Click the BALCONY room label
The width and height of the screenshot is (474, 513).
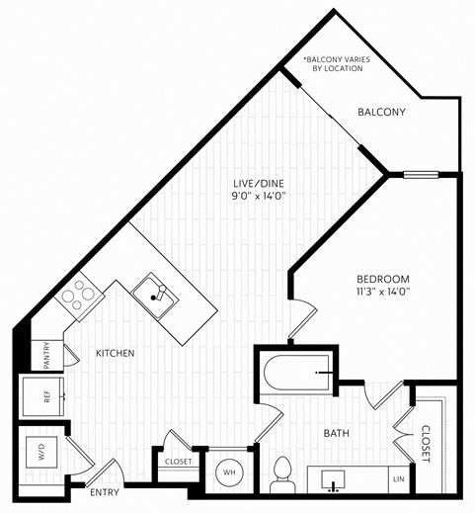coord(381,113)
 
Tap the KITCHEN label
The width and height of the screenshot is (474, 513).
coord(115,353)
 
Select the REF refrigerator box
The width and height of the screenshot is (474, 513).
coord(44,395)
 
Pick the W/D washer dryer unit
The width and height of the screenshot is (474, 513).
coord(41,456)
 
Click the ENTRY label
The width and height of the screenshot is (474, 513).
coord(104,491)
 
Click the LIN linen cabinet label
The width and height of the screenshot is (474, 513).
coord(398,479)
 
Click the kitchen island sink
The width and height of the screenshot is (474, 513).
coord(154,290)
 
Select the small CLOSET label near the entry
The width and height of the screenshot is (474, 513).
coord(178,461)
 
